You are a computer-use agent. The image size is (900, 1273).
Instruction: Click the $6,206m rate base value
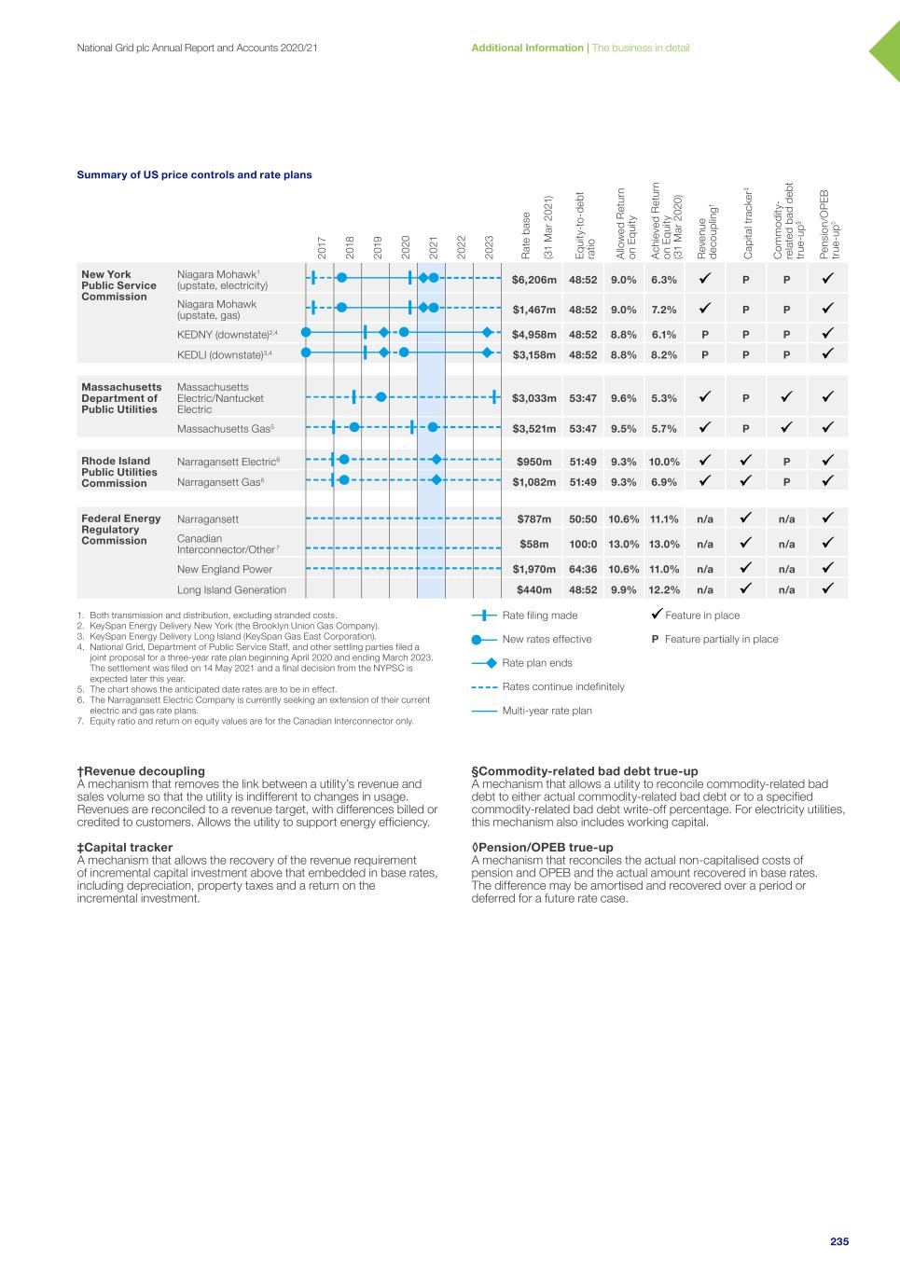point(534,279)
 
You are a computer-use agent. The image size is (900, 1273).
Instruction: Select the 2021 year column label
point(434,247)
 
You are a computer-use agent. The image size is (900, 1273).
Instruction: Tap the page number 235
point(839,1241)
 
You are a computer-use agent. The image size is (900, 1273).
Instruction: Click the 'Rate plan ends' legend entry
point(537,663)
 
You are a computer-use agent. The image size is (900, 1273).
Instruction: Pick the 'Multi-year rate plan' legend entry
point(547,711)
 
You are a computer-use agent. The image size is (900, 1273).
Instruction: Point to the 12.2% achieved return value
point(665,589)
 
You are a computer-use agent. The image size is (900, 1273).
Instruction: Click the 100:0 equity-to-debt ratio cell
point(583,544)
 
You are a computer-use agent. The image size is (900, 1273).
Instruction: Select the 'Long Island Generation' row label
point(231,589)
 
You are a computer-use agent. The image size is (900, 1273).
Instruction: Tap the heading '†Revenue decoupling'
point(141,771)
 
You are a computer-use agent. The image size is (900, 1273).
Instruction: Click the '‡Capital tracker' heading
point(125,847)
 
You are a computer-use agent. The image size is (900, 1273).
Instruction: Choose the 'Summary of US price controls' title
point(194,174)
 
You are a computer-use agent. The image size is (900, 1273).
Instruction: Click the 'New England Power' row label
point(225,569)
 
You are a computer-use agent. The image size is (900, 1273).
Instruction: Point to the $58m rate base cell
point(534,544)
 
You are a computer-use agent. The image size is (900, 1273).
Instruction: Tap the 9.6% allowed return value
point(623,398)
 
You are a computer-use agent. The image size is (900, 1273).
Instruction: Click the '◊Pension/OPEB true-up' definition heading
point(542,847)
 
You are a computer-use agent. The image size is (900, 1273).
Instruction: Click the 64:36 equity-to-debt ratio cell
point(583,569)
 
